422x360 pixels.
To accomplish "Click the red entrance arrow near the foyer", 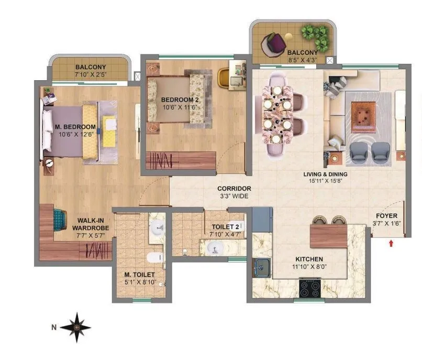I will click(391, 242).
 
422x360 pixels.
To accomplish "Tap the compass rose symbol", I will click(76, 327).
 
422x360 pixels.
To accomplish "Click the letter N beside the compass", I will click(53, 328).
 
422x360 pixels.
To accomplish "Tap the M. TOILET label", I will click(139, 274).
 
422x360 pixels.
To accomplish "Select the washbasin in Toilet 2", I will click(214, 247).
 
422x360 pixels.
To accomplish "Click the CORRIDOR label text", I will click(235, 189).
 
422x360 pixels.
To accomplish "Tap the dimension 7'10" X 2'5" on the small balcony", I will click(90, 75).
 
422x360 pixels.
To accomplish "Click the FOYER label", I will click(386, 215).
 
